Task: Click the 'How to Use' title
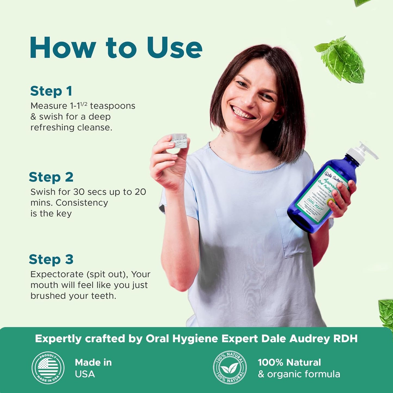[x=116, y=48]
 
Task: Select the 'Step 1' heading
[x=51, y=91]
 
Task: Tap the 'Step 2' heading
[x=51, y=177]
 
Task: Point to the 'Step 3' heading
[x=51, y=259]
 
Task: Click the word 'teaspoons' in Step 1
[x=113, y=106]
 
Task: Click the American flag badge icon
[x=48, y=368]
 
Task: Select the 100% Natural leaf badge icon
[x=230, y=368]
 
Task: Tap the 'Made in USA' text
[x=93, y=368]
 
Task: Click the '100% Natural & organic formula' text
[x=299, y=368]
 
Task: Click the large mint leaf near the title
[x=341, y=58]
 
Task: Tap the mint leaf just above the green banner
[x=386, y=313]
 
